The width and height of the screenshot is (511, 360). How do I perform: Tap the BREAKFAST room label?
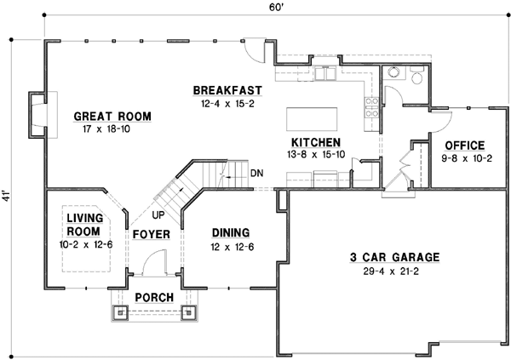[226, 90]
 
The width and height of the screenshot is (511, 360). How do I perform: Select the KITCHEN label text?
[316, 142]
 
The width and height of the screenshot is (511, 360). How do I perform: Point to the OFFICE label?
[463, 145]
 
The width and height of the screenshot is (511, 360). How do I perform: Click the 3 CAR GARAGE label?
[394, 256]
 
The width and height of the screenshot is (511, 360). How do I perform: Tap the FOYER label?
[152, 234]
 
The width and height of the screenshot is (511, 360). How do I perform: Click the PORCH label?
[153, 297]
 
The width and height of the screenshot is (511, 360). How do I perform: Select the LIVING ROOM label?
[85, 225]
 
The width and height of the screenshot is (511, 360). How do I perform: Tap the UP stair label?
[158, 215]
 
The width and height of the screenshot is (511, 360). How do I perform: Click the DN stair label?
[256, 174]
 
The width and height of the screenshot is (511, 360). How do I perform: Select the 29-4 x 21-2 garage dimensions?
[394, 271]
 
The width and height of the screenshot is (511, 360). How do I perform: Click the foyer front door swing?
[153, 265]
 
